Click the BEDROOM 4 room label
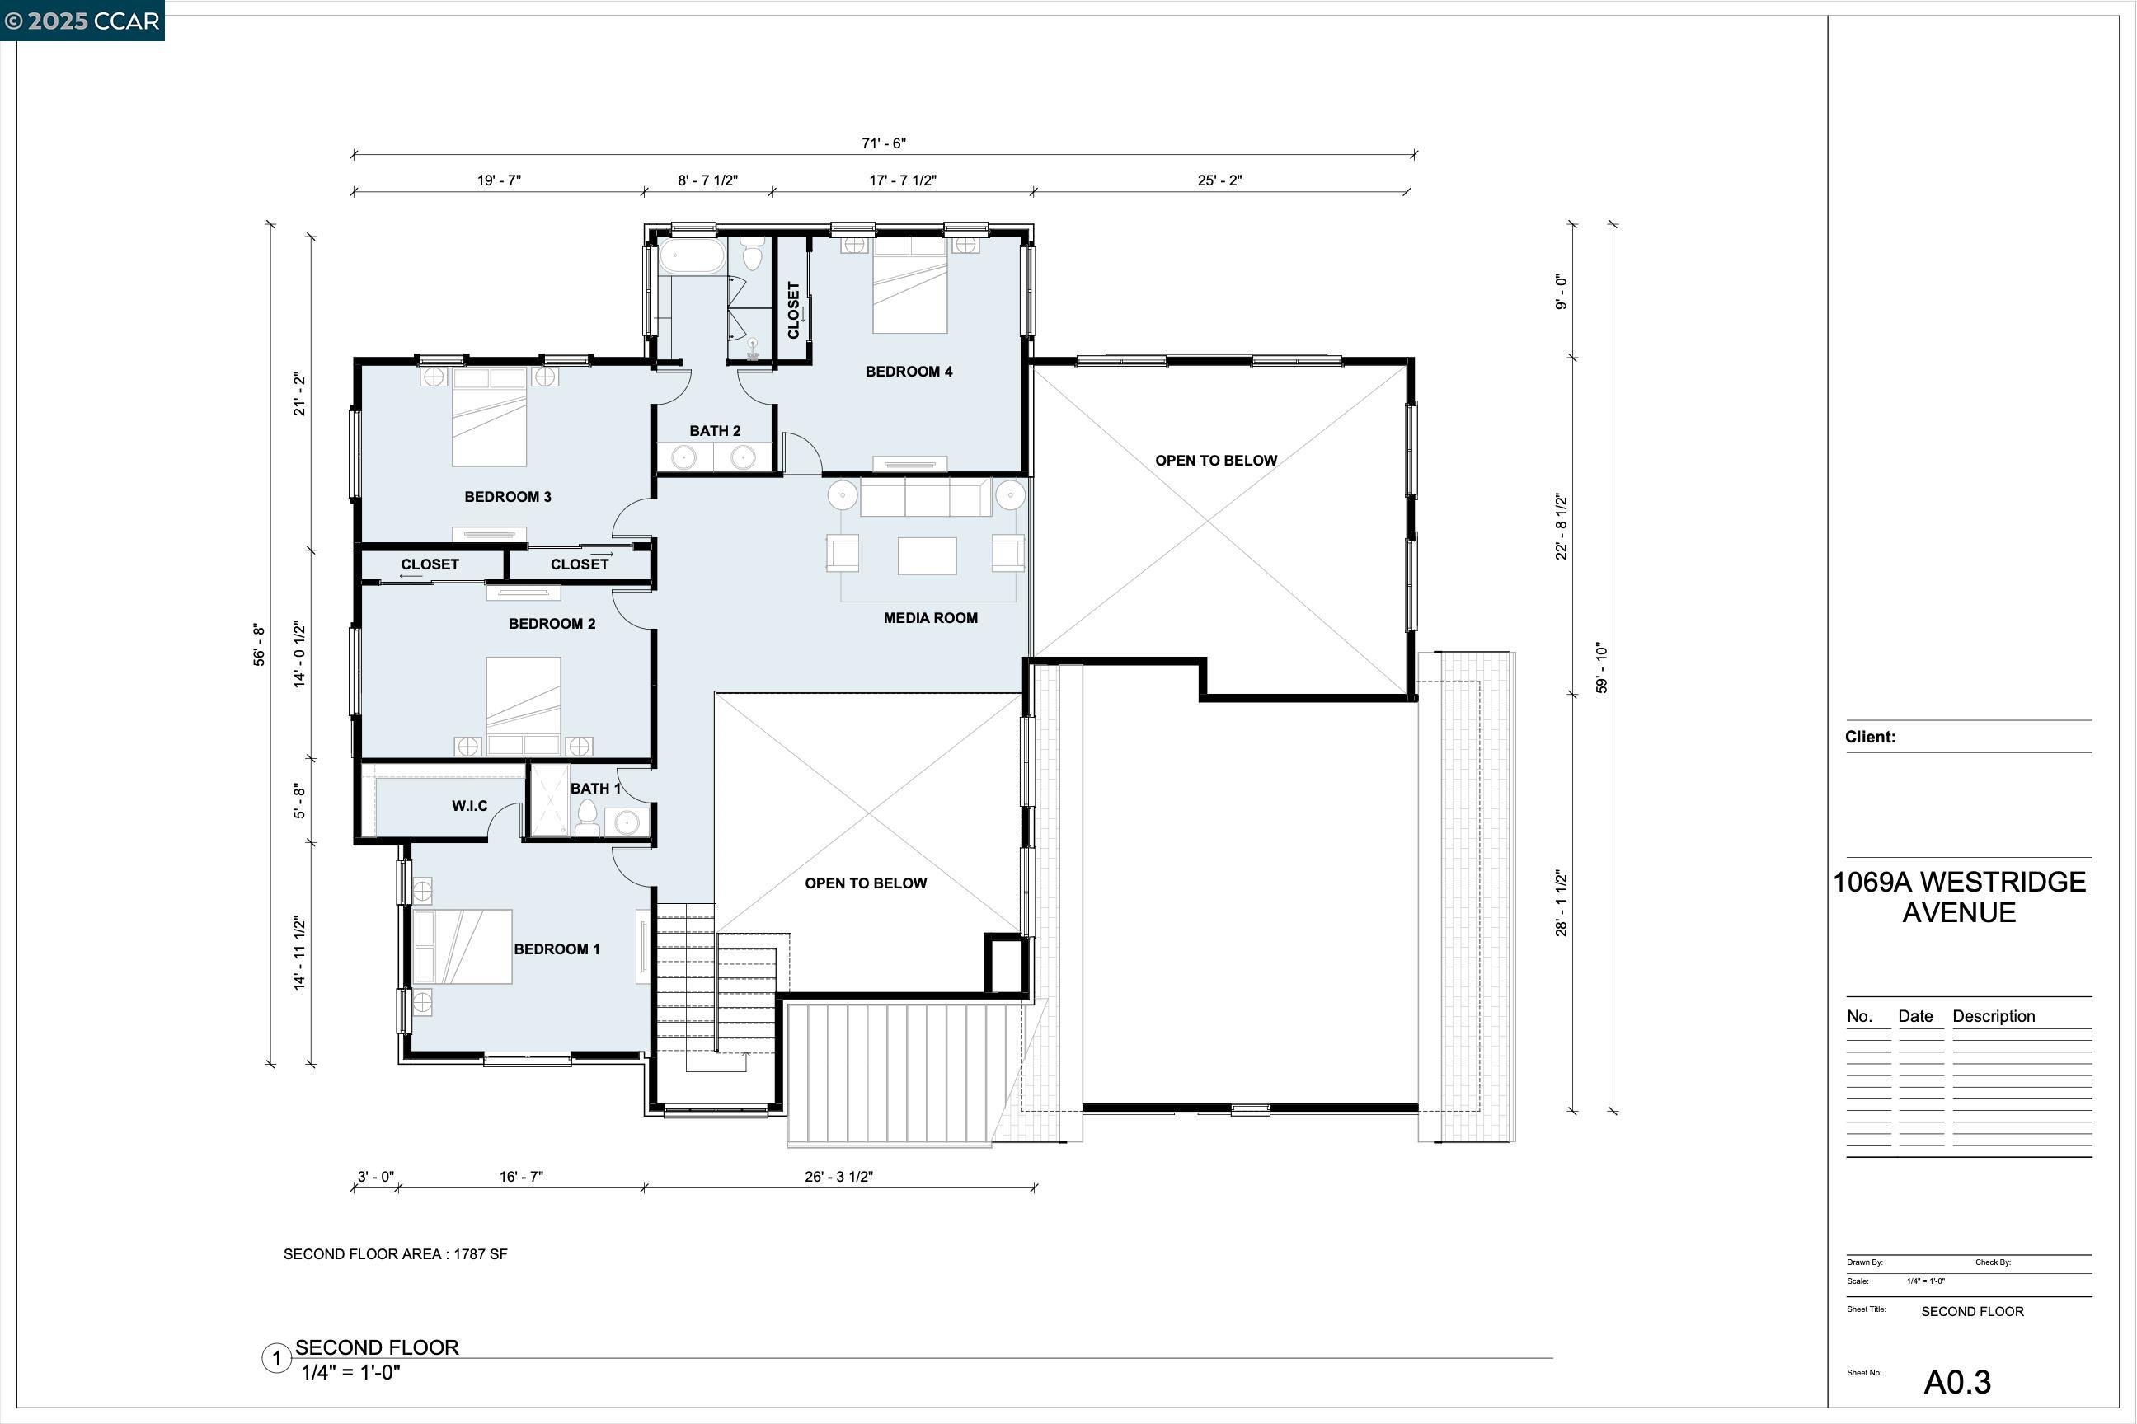909,372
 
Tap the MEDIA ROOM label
930,618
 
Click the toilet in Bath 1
588,817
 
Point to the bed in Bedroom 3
490,417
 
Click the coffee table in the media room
927,555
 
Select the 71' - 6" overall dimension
883,143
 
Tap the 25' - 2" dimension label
1219,180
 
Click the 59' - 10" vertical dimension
1602,668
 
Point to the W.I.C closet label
470,807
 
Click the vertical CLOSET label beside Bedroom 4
793,311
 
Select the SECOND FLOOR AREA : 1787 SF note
395,1254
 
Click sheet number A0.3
1957,1382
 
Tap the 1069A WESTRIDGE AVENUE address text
1959,897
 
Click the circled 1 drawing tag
276,1360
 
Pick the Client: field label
1870,738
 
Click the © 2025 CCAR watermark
82,21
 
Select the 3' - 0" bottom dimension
375,1177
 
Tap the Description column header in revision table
1994,1016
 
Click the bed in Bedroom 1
463,947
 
